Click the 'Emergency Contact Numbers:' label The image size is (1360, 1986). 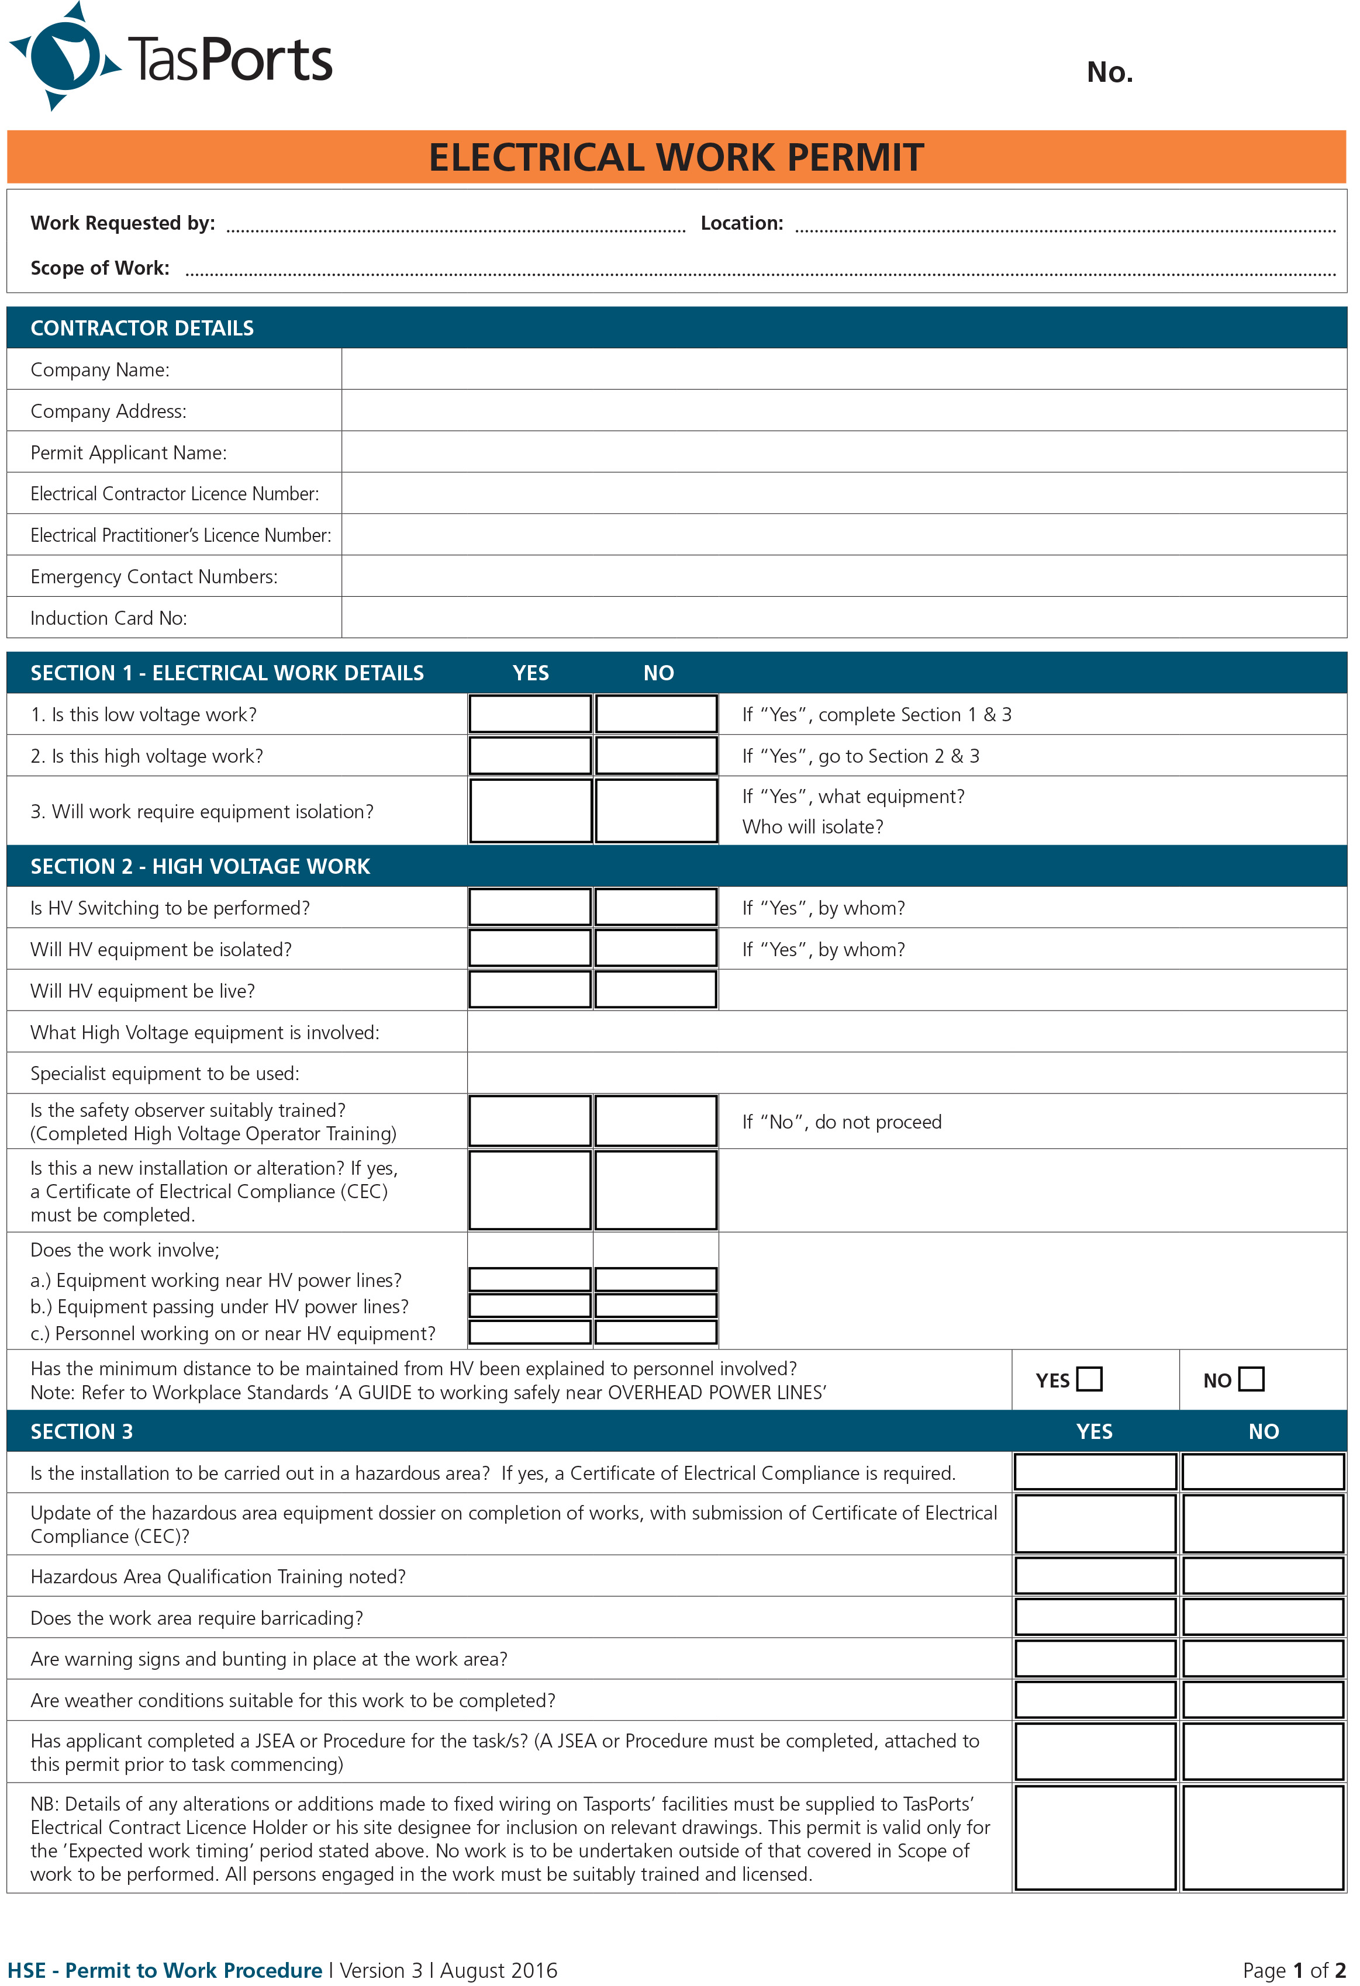point(154,577)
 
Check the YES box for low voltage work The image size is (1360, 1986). point(529,714)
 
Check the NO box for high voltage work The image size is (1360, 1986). point(655,756)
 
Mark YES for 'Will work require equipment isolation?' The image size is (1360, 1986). point(529,810)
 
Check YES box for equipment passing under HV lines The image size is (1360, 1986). point(529,1306)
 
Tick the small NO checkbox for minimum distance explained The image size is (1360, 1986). point(1251,1379)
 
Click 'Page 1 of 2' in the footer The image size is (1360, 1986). point(1293,1971)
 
